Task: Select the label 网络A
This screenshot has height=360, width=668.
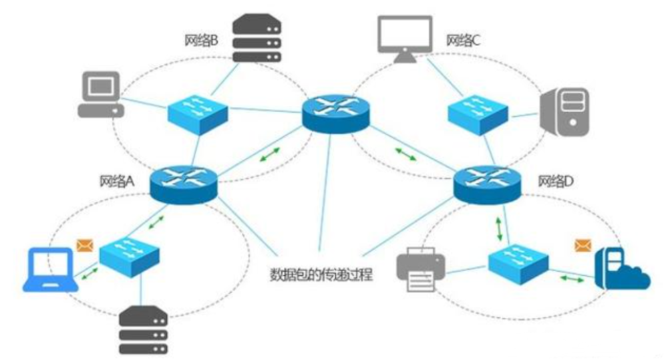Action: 118,181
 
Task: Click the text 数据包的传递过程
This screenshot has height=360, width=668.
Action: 321,275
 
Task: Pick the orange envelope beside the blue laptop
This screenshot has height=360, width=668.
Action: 84,246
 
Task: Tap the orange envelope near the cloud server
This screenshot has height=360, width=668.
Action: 583,246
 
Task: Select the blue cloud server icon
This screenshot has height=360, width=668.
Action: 621,269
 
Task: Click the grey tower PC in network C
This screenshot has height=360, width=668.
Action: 565,112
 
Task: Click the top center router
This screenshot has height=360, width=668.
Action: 335,112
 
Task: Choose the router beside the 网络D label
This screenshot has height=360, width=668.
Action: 487,182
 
